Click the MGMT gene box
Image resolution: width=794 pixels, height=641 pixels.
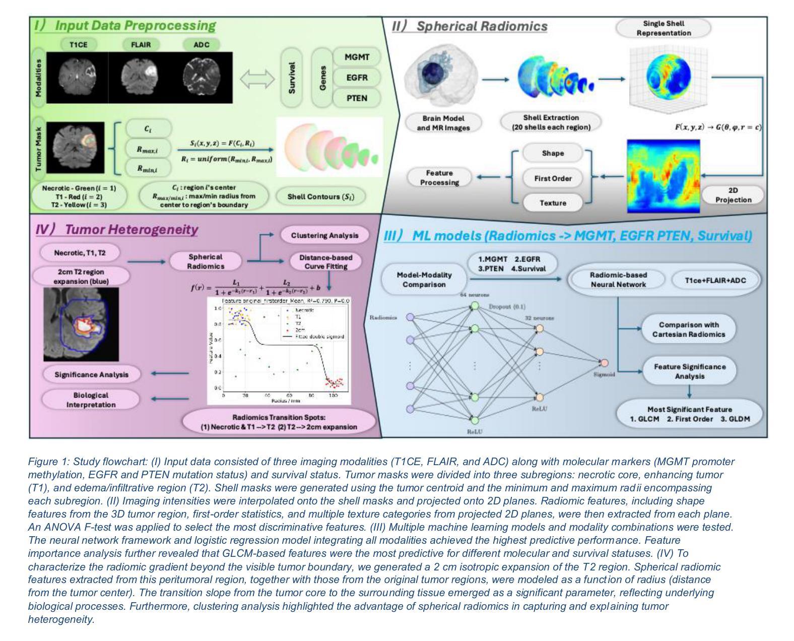(x=357, y=57)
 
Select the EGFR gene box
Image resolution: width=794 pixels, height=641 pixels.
(x=357, y=78)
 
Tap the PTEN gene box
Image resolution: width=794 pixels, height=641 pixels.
(x=357, y=98)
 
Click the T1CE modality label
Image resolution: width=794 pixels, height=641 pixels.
(x=78, y=44)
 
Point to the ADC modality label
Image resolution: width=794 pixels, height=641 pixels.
(x=202, y=44)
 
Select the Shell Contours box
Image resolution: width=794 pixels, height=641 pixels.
(x=320, y=197)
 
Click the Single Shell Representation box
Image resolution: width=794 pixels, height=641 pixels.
(x=663, y=28)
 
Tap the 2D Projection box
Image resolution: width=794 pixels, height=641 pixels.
(x=733, y=195)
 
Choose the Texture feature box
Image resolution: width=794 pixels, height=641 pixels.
(x=553, y=203)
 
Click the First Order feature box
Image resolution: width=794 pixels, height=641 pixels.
(x=553, y=178)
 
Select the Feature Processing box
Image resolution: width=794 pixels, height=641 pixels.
(x=439, y=177)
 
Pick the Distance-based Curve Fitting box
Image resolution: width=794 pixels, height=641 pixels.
(x=325, y=262)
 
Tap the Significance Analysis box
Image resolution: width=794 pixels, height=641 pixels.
(x=92, y=374)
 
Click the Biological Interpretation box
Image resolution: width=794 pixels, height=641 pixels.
(x=91, y=400)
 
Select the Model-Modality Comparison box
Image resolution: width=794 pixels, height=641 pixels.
(x=424, y=280)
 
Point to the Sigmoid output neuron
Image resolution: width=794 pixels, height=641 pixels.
(x=605, y=363)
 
